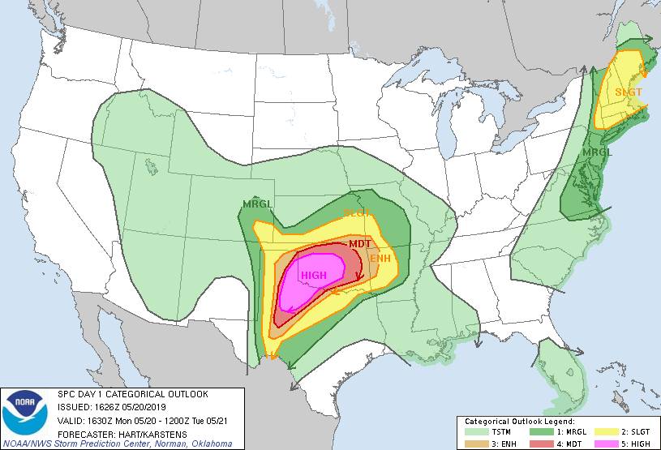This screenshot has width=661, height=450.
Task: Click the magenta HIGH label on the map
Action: coord(314,276)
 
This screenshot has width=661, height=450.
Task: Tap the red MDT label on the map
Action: coord(360,243)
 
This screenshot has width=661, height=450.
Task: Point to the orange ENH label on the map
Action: coord(380,259)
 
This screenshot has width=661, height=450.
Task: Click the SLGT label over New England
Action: coord(629,92)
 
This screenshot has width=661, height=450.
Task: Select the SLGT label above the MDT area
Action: coord(357,213)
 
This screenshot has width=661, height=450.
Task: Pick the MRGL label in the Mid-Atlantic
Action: coord(598,152)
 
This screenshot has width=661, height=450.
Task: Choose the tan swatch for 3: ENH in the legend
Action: coord(471,444)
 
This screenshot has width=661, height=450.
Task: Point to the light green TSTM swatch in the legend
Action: coord(471,432)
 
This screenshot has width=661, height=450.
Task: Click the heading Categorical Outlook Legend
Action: coord(520,422)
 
